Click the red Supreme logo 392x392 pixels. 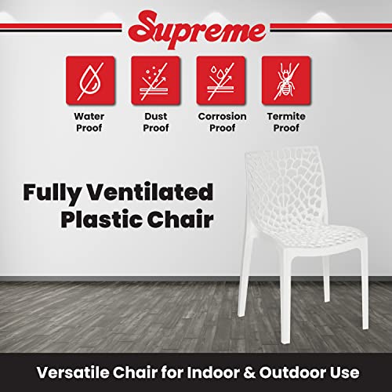click(198, 30)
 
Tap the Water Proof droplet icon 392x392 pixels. click(90, 81)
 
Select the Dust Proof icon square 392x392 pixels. click(155, 81)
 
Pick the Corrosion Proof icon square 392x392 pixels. click(221, 81)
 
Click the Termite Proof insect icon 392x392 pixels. click(286, 81)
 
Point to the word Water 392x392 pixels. click(89, 116)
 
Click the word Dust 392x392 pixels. click(156, 116)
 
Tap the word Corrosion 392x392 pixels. click(222, 116)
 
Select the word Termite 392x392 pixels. click(286, 116)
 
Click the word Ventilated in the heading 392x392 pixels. click(150, 192)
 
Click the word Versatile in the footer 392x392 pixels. click(73, 372)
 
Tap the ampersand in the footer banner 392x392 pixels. click(249, 372)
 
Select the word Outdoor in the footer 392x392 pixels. click(292, 372)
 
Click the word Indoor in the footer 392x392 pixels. click(213, 372)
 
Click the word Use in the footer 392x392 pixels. click(344, 372)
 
